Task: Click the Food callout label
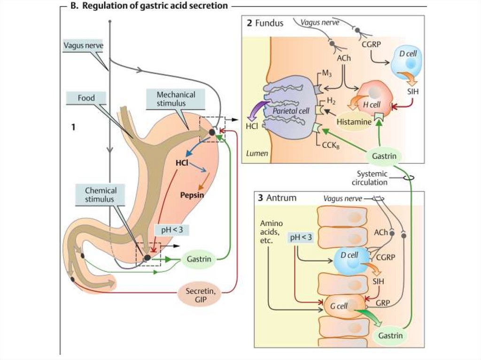pos(86,98)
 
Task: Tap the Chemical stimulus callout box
pos(101,195)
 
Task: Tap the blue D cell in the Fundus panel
pos(407,61)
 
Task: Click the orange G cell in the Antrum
pos(343,305)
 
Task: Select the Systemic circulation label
pos(372,178)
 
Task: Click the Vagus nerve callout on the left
pos(83,46)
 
